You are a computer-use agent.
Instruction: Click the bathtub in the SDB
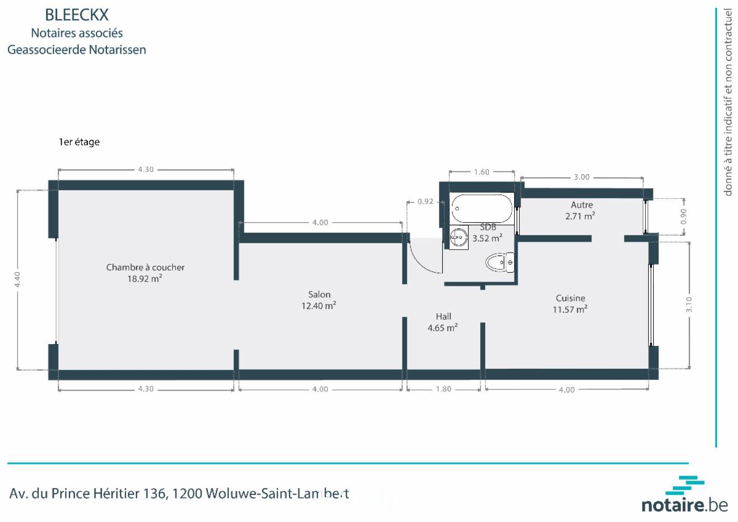point(482,209)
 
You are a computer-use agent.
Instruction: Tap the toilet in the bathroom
point(500,262)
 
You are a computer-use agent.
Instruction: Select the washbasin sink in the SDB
point(459,237)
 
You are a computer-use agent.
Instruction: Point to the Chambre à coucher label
point(145,267)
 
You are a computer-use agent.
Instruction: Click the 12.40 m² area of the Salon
point(319,306)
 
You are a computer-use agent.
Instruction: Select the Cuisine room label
point(570,298)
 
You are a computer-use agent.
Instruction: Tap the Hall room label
point(443,316)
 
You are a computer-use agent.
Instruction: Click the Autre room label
point(582,205)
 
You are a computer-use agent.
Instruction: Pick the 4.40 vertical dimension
point(18,279)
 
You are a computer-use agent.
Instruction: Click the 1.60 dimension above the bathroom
point(482,172)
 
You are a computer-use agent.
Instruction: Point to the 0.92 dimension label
point(426,201)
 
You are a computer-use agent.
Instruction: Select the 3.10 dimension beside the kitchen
point(689,304)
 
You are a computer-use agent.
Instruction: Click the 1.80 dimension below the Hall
point(443,389)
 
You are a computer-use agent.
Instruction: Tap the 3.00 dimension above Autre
point(582,177)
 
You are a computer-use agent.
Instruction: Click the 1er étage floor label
point(79,142)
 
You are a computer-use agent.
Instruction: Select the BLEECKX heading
point(77,15)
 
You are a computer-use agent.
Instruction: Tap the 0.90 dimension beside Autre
point(683,217)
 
